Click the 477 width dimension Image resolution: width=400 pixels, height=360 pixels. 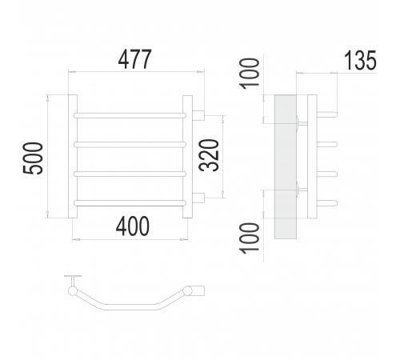134,59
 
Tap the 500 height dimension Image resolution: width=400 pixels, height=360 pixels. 33,158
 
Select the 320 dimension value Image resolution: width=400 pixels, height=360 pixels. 209,155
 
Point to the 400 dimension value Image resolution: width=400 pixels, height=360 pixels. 133,226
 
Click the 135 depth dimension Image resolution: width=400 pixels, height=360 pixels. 360,61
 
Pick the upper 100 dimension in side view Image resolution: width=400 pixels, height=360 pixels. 250,74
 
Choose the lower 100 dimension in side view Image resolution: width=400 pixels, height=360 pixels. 250,238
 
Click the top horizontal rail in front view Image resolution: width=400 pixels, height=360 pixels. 130,115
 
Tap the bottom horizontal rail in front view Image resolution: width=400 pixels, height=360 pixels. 130,203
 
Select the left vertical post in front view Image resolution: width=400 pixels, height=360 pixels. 73,156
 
